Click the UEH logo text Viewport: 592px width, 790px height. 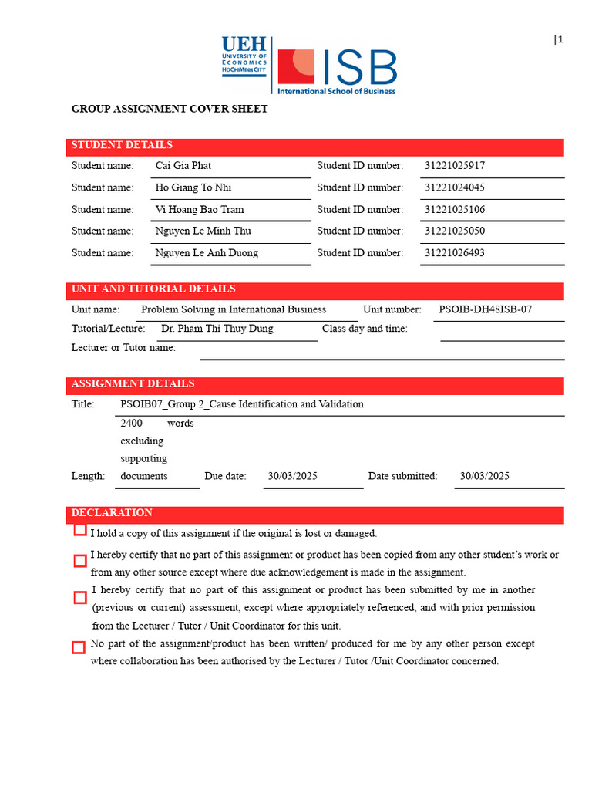coord(244,45)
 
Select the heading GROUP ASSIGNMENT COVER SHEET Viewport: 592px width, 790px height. coord(170,109)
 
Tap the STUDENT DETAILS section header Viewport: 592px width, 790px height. coord(122,145)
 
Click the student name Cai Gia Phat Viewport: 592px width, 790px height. coord(183,166)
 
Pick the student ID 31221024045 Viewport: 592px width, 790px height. coord(455,187)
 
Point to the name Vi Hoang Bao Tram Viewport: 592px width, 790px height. coord(199,209)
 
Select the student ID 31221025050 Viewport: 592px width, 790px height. coord(455,231)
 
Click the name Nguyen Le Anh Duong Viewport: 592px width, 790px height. coord(207,253)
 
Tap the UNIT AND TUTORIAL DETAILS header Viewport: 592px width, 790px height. coord(153,289)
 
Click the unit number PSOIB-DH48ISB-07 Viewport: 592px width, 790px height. coord(485,309)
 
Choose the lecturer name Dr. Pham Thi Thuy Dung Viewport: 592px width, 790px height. coord(217,329)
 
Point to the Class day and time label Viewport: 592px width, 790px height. coord(365,329)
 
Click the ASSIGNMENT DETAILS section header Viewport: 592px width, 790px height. coord(133,383)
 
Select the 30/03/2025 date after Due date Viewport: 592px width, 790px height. coord(292,476)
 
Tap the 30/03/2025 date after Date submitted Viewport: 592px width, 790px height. coord(484,476)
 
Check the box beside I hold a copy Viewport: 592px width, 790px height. coord(80,530)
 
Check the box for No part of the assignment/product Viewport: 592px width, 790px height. coord(79,647)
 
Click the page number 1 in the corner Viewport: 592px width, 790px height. coord(560,40)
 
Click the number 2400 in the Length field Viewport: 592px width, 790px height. coord(131,423)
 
